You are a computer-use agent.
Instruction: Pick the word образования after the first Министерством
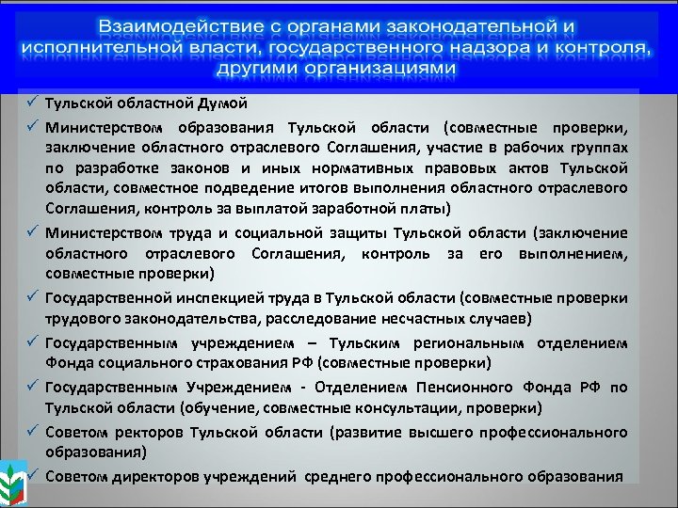(x=222, y=127)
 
